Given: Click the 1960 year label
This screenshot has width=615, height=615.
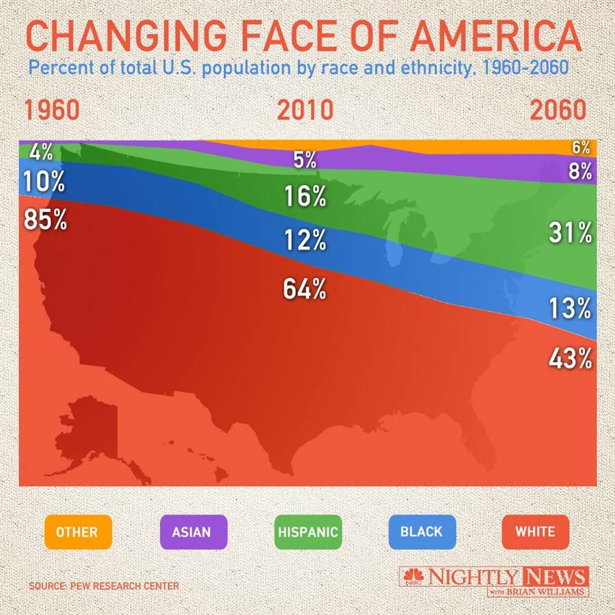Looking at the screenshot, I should (53, 111).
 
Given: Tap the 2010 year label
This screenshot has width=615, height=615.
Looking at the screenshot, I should (305, 111).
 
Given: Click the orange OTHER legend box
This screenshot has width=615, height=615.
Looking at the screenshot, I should (77, 531).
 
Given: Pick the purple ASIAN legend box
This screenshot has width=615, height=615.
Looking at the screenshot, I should (192, 531).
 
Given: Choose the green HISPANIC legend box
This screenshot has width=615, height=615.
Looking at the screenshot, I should (307, 531).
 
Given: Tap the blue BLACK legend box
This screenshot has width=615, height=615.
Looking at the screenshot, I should (422, 531).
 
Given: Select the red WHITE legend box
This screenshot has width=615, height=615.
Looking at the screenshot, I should (535, 531).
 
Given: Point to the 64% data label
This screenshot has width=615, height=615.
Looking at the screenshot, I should (305, 289).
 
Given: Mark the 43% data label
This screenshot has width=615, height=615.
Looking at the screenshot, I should (570, 358).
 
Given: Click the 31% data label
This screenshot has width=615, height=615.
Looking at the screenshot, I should (570, 234).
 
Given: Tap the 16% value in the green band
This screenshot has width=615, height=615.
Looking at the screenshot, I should (305, 197).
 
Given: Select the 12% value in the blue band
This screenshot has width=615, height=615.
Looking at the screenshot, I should (305, 240).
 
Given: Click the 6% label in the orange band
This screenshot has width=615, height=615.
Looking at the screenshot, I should (580, 147).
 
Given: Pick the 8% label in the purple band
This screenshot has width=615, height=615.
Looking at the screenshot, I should (579, 171).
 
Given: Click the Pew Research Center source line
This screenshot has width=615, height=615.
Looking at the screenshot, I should (104, 586).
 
